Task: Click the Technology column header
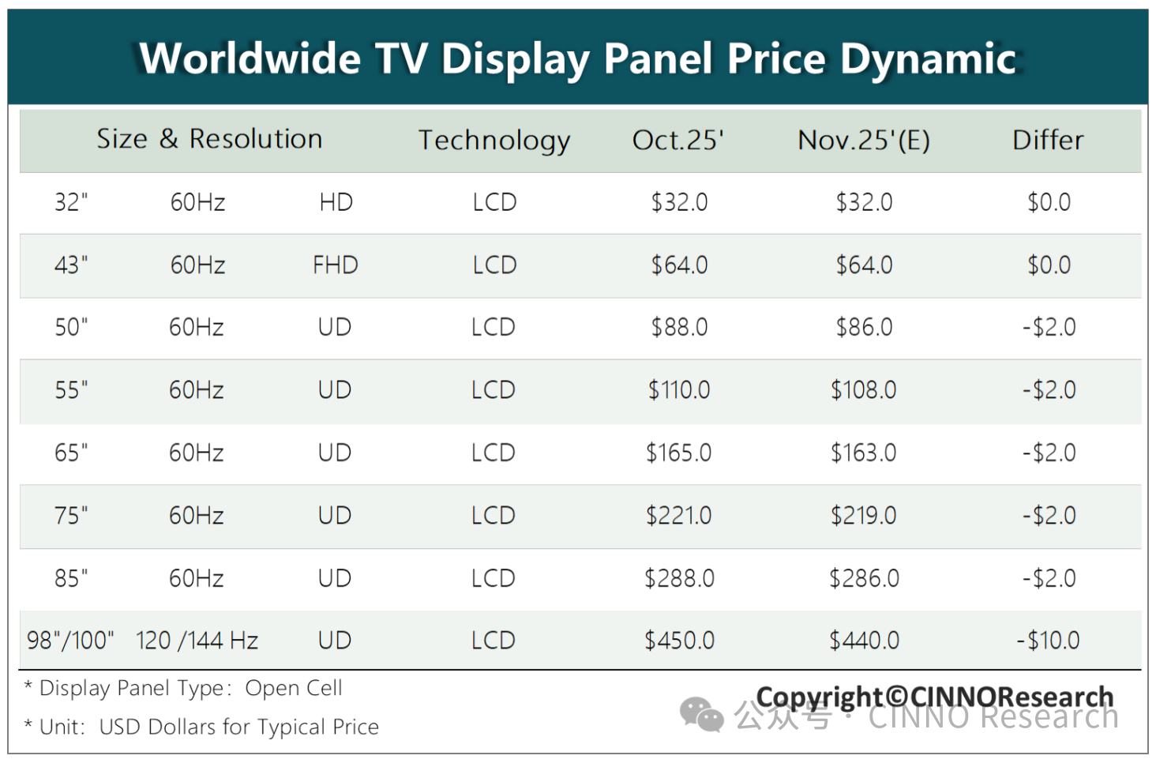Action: coord(494,141)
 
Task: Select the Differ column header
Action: coord(1048,140)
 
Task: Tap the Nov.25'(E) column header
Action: coord(864,140)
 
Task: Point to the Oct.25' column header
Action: coord(678,140)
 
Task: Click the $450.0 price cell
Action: coord(679,641)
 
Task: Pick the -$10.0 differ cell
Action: coord(1048,641)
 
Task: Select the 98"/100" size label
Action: coord(70,641)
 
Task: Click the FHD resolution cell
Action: coord(335,265)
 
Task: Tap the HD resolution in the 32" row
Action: coord(336,202)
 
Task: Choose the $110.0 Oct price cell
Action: coord(679,389)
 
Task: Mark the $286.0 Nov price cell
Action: coord(864,578)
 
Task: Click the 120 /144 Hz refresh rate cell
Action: coord(197,641)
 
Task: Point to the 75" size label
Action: coord(71,516)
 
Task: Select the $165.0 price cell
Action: coord(679,453)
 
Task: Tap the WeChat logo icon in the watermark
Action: coord(701,715)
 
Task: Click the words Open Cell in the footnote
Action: coord(294,688)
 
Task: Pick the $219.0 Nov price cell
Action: coord(864,516)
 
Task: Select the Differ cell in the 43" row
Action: coord(1049,265)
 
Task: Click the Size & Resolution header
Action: coord(209,139)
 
